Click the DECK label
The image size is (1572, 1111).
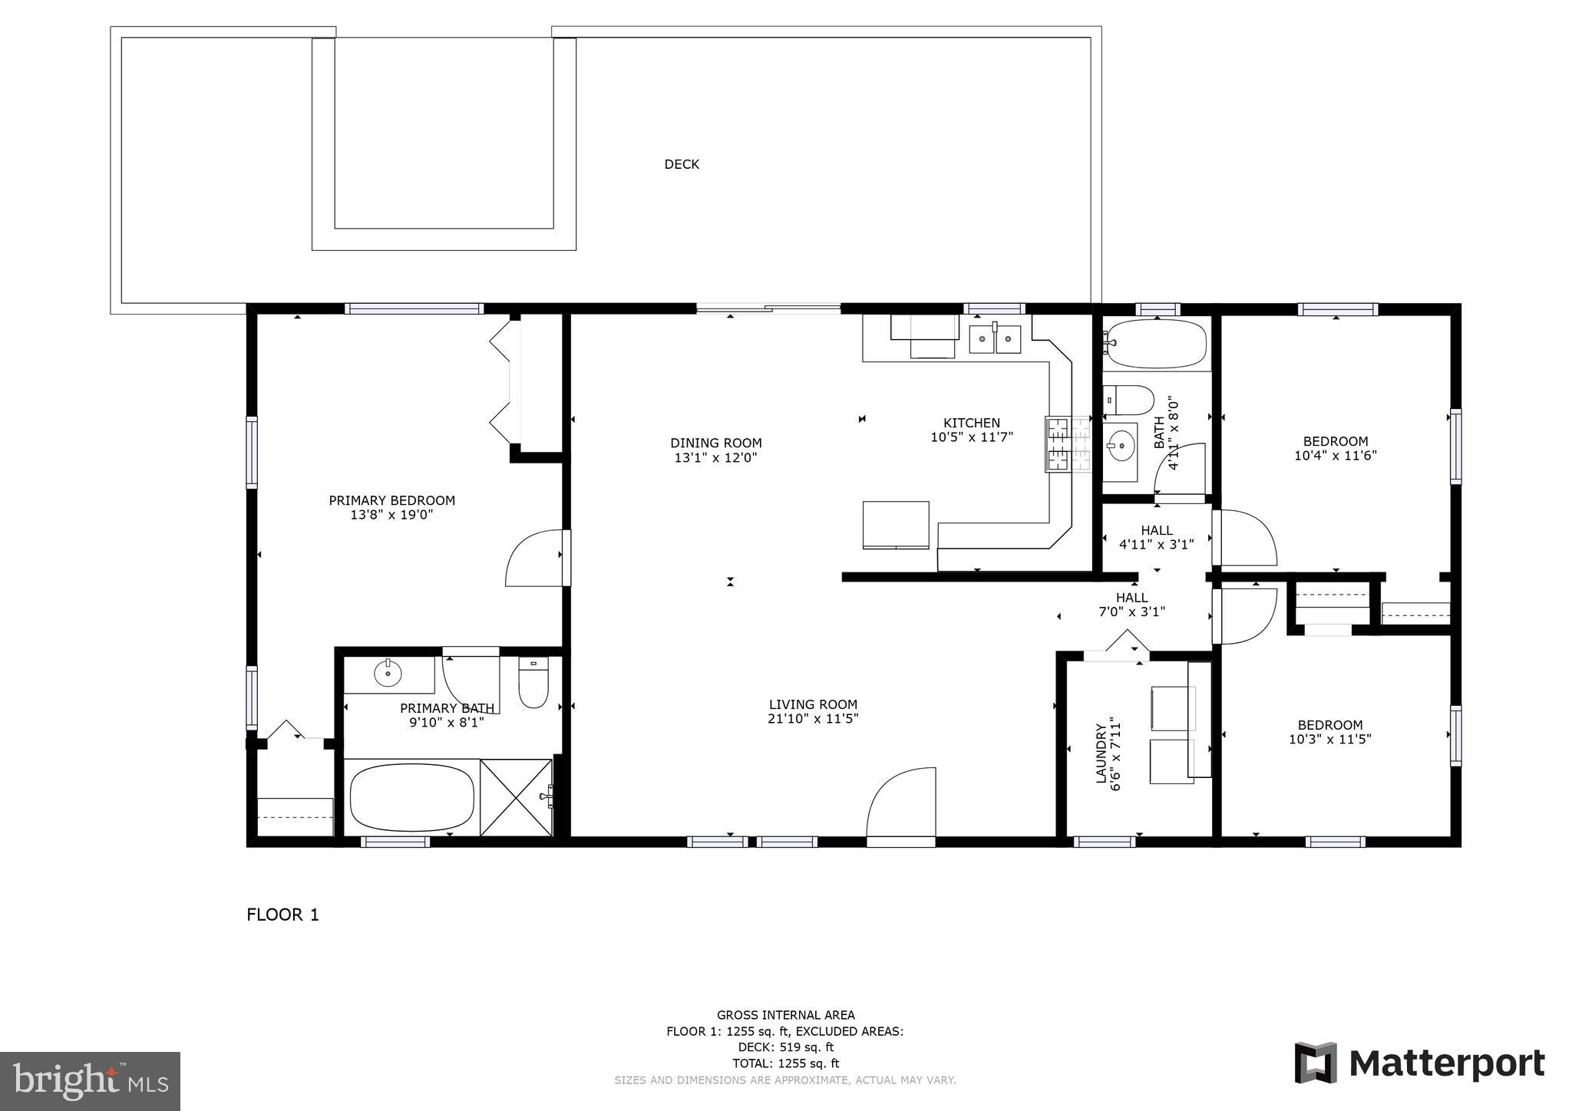point(682,164)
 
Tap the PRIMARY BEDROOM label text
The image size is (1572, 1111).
point(391,500)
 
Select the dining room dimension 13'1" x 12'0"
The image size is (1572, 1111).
point(715,457)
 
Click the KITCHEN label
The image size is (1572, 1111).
point(971,423)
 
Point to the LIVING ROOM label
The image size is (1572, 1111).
point(813,704)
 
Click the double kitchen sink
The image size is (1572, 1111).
point(995,338)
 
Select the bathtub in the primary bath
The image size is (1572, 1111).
point(411,798)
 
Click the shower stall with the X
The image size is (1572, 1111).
point(516,797)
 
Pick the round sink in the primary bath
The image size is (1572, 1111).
point(388,674)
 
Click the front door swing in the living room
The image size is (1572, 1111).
point(902,806)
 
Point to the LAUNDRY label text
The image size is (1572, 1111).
point(1101,753)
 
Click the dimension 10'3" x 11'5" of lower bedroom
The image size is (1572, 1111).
point(1329,740)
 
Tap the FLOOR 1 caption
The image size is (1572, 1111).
point(282,915)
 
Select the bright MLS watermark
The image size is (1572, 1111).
point(90,1081)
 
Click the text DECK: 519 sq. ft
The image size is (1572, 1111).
point(785,1047)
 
